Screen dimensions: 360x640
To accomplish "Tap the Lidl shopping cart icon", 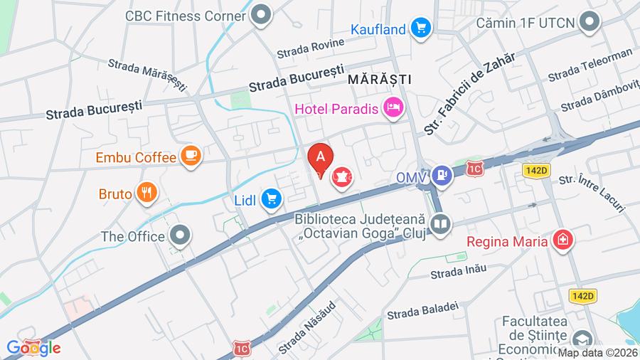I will click(x=270, y=200).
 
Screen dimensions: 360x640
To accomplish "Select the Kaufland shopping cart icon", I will click(x=422, y=29).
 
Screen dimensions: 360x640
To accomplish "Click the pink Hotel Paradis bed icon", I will click(x=392, y=109).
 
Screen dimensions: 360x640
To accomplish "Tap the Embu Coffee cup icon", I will click(x=191, y=156).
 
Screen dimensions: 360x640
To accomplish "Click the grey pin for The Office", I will click(x=181, y=235).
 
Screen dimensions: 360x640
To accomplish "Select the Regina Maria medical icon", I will click(x=562, y=240).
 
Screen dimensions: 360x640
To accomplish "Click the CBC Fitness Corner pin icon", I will click(x=262, y=14).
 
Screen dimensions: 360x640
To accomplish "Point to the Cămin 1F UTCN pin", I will click(x=589, y=23).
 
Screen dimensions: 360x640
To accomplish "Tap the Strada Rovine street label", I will click(x=310, y=47).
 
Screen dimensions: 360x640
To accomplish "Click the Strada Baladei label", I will click(x=422, y=309).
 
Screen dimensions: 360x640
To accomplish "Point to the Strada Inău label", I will click(x=458, y=271).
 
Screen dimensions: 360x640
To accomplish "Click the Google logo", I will click(x=33, y=348).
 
